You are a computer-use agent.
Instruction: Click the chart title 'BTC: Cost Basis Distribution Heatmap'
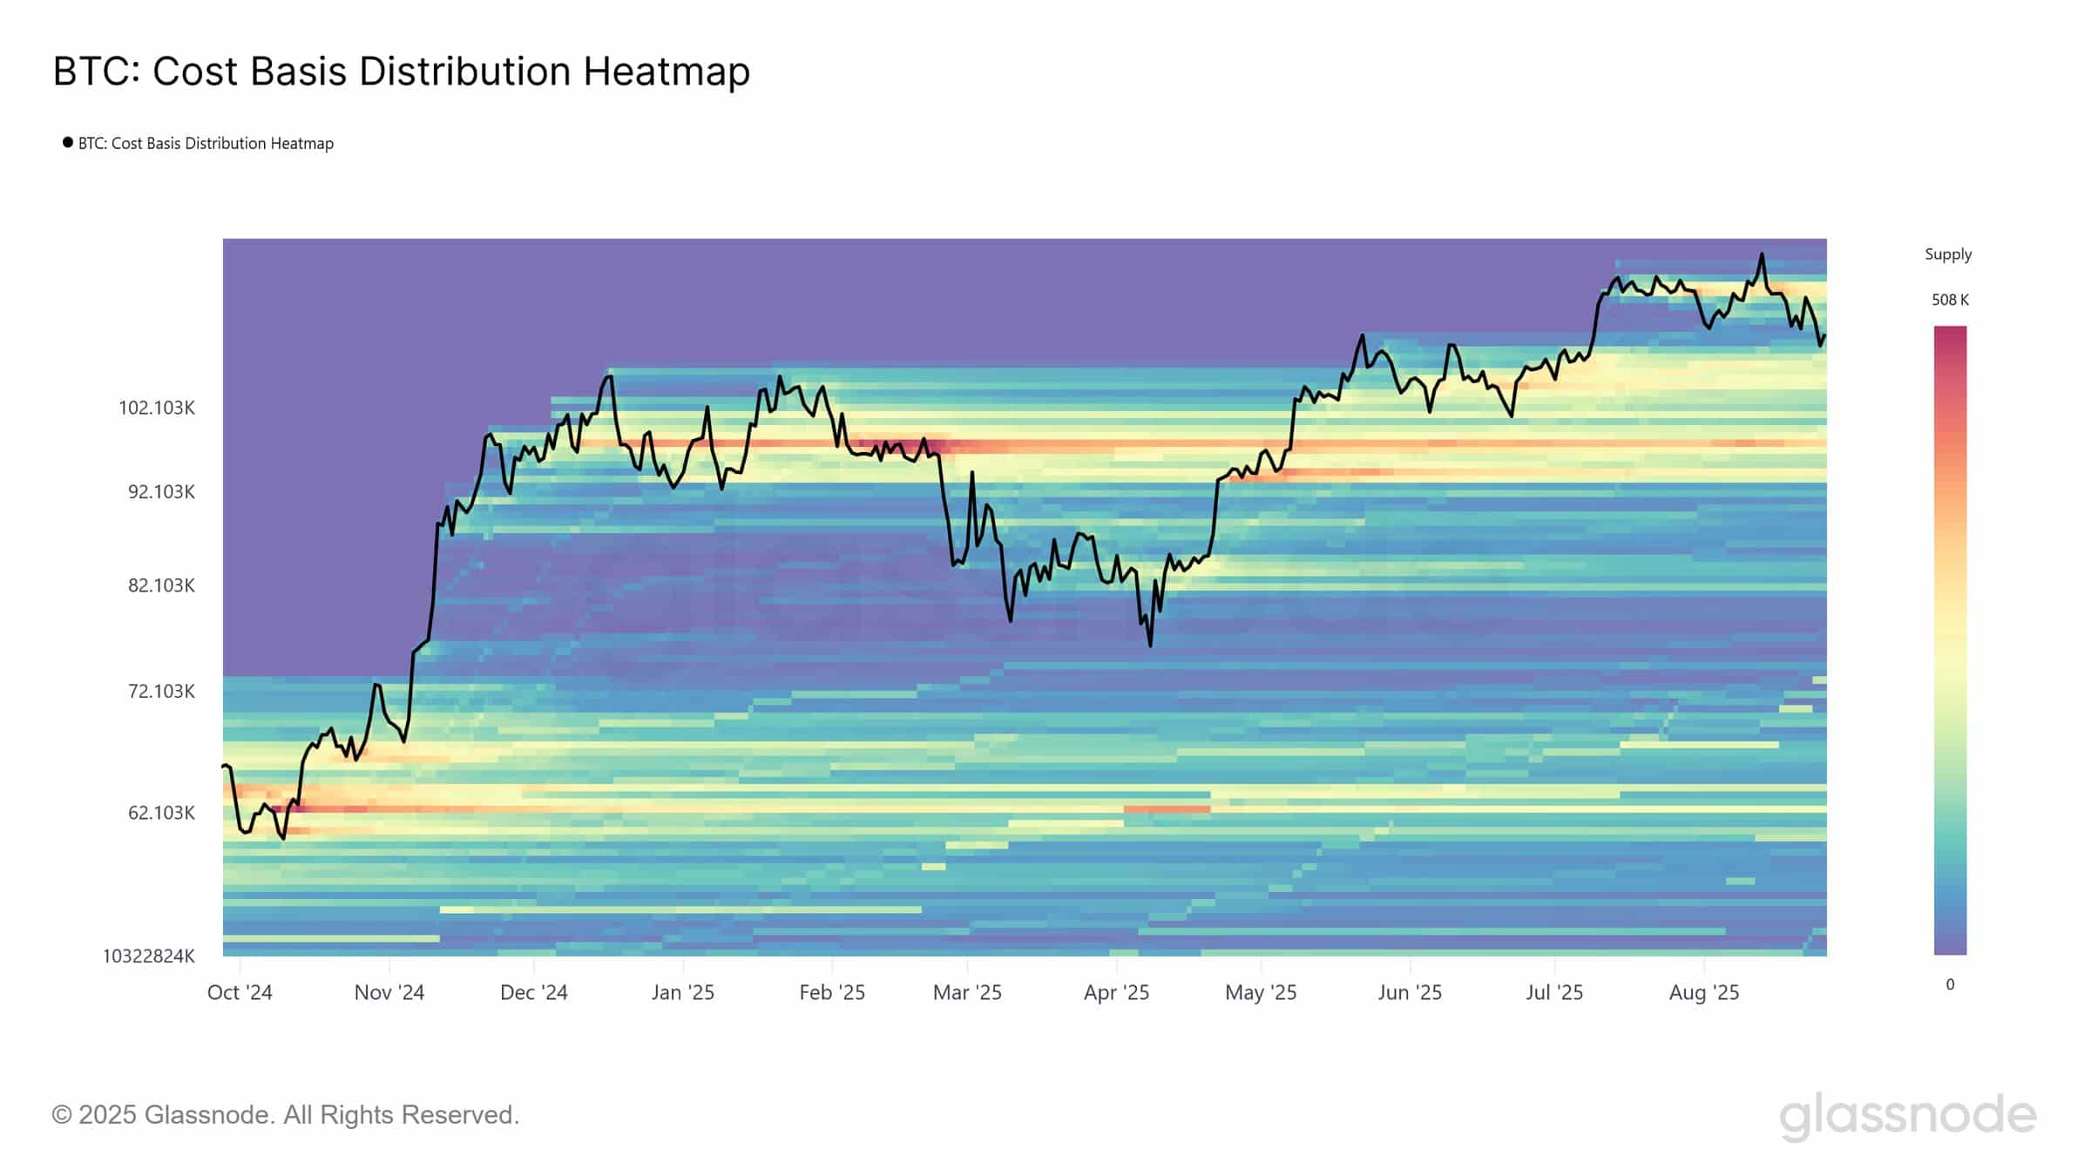401,71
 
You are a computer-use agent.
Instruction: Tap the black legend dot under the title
67,142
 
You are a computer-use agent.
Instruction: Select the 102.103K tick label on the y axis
157,408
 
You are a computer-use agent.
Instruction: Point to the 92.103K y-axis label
161,492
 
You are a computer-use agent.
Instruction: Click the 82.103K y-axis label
161,585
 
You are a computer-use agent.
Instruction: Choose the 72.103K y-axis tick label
161,692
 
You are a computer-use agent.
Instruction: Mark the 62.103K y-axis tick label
161,813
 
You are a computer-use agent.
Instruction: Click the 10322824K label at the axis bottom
149,956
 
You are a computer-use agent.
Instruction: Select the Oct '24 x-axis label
240,993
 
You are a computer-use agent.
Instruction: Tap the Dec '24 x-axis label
533,993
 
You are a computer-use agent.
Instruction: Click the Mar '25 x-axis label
967,993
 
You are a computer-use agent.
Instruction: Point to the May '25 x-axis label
1261,993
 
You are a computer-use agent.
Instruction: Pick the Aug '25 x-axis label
1703,993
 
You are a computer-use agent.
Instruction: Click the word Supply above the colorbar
1948,254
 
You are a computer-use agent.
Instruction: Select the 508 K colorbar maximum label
1950,300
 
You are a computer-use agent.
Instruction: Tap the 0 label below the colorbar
1950,984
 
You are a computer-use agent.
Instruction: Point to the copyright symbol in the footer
62,1115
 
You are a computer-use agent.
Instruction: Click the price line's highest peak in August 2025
1762,254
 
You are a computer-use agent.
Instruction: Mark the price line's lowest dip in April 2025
1150,645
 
